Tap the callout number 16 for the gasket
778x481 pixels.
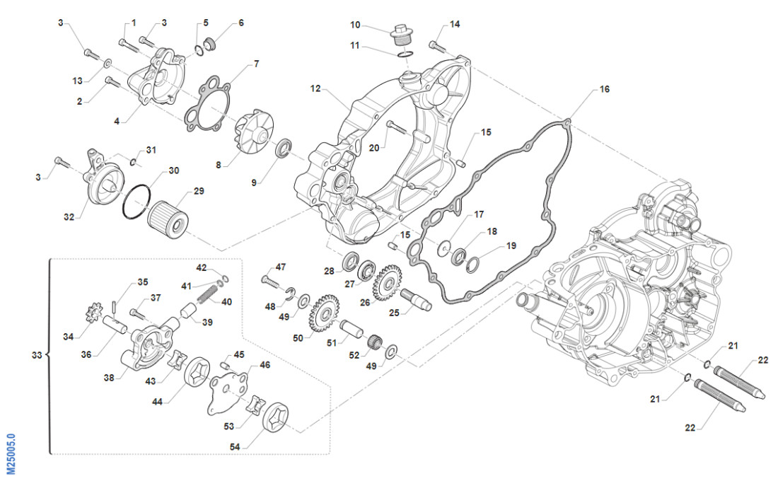[x=604, y=90]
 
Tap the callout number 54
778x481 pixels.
[x=235, y=446]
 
